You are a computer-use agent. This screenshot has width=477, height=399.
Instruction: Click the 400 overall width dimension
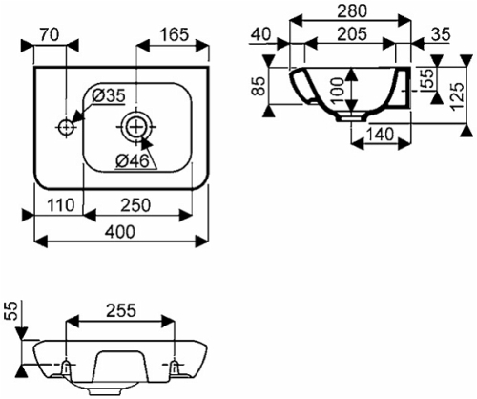(120, 232)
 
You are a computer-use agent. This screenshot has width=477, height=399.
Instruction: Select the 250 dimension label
(135, 205)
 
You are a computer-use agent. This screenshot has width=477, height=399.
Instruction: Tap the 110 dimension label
(60, 205)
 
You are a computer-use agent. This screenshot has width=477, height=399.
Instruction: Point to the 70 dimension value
(50, 34)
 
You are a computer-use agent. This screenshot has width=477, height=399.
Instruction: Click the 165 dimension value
(174, 34)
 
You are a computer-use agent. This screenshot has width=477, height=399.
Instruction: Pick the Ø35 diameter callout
(109, 95)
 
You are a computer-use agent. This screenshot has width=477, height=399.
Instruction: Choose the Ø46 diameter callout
(133, 161)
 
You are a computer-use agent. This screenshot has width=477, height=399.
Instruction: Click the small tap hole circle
(66, 127)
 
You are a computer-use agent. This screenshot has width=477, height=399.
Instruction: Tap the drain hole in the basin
(136, 127)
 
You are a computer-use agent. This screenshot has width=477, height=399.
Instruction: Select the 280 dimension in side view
(352, 11)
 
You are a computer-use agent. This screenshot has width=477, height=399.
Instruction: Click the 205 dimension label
(352, 34)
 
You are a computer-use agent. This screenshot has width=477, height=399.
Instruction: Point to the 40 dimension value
(260, 34)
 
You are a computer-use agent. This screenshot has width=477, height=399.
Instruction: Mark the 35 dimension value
(441, 34)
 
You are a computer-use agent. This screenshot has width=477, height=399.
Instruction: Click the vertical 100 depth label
(337, 91)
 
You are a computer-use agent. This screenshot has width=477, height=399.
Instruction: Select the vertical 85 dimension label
(259, 86)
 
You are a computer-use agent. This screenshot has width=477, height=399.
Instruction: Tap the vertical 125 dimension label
(458, 96)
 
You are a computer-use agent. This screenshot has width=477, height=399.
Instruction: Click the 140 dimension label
(381, 135)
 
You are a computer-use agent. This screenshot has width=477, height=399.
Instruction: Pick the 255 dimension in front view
(121, 310)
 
